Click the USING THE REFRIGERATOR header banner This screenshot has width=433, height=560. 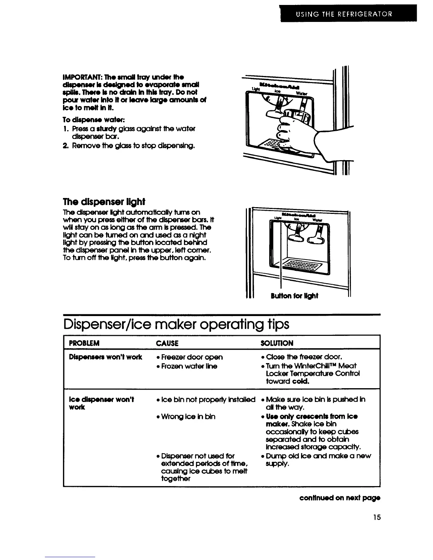tap(344, 14)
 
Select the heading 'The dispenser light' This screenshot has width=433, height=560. tap(104, 202)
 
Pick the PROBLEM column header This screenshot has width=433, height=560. tap(84, 343)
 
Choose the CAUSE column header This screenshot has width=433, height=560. tap(167, 343)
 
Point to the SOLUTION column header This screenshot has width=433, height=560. tap(277, 343)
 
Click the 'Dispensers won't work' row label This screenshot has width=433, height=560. tap(105, 357)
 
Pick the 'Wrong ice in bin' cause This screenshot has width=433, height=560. tap(187, 416)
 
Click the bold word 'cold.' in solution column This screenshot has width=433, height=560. tap(301, 381)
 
